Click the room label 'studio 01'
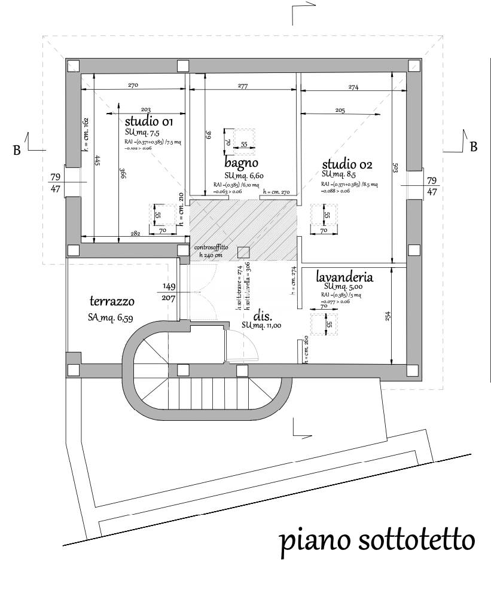(x=148, y=122)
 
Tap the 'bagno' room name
(x=242, y=163)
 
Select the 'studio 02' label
(x=347, y=164)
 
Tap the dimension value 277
(x=242, y=87)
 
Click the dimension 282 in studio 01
(x=135, y=234)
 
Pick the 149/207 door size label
(x=169, y=291)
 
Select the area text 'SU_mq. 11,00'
(x=262, y=325)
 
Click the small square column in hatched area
(x=243, y=252)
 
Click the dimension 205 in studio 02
(x=340, y=111)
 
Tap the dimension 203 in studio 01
(x=145, y=109)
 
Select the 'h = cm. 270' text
(x=276, y=192)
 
